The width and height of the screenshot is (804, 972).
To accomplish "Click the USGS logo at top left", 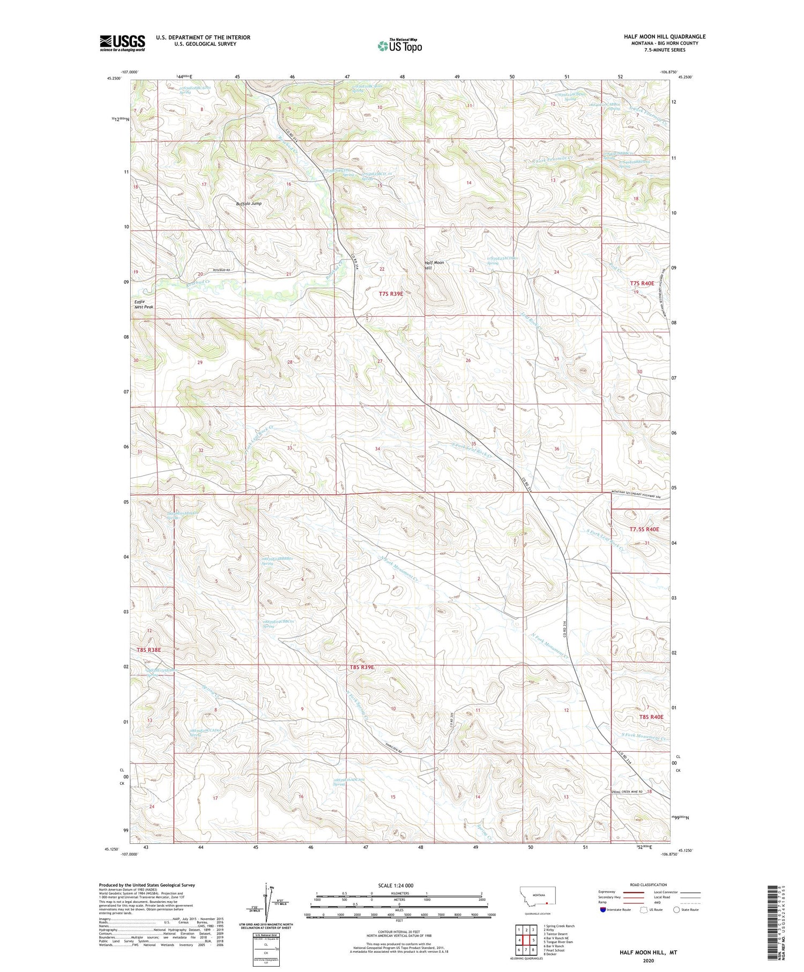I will (122, 43).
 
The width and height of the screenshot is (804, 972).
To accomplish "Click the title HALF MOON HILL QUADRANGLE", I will (664, 36).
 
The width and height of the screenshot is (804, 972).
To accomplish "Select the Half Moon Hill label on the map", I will (434, 265).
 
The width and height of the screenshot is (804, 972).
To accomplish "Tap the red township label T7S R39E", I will (391, 294).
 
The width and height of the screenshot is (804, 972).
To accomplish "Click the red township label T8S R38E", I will (148, 650).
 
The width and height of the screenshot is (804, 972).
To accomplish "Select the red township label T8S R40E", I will (651, 717).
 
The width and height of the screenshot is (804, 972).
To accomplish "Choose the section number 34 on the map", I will (377, 449).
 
